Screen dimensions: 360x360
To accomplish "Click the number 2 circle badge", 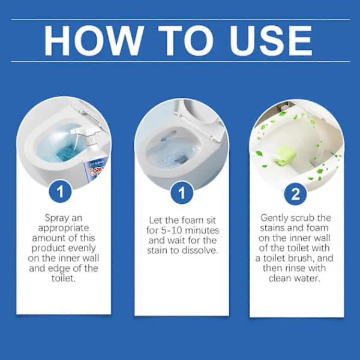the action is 295,194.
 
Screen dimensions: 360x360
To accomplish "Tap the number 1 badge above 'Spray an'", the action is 61,191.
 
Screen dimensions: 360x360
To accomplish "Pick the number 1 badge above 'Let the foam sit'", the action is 182,193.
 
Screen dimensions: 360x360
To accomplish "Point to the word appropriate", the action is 64,228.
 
